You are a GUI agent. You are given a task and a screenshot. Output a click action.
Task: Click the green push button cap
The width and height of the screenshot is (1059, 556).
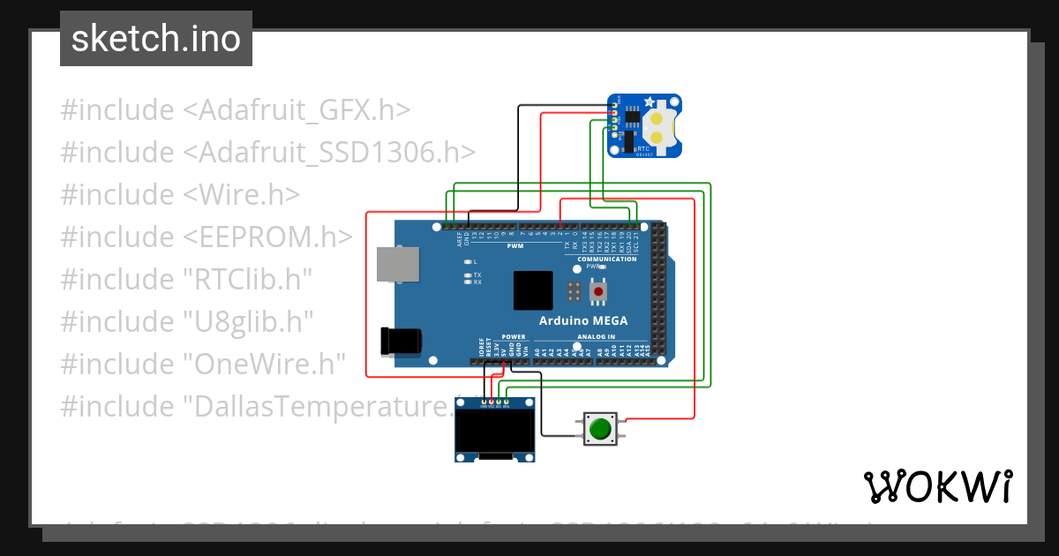click(x=601, y=430)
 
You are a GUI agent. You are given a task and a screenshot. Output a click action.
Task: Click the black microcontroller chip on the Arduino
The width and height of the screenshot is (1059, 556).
click(x=533, y=290)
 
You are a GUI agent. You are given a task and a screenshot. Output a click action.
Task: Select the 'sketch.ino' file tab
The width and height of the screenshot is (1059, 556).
click(x=156, y=39)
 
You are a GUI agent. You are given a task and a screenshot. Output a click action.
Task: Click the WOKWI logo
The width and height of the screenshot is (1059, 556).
click(x=936, y=486)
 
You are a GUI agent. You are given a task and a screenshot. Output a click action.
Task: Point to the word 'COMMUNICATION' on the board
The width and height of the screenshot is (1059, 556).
click(x=607, y=259)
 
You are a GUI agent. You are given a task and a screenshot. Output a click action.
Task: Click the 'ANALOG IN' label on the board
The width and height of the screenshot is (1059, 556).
click(x=596, y=337)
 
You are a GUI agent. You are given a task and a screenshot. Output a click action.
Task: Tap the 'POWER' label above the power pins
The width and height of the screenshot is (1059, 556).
click(x=514, y=337)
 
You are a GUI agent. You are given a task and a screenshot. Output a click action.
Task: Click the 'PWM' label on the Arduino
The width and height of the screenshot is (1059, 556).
click(x=515, y=246)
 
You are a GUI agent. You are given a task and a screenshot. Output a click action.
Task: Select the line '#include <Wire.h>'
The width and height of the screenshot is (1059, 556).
click(x=180, y=194)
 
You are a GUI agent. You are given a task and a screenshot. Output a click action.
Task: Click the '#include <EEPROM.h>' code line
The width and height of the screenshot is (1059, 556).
click(x=207, y=237)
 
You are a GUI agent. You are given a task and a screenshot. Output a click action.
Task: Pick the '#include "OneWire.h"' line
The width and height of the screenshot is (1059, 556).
click(x=202, y=364)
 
